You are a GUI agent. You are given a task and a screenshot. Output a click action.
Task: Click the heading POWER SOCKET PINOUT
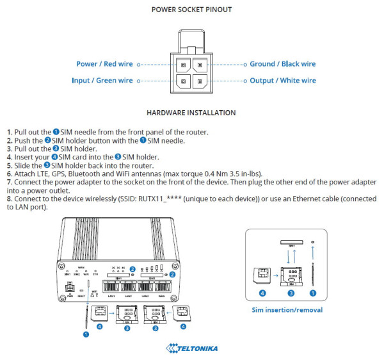coord(191,10)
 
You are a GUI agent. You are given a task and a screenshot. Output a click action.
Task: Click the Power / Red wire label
coord(104,64)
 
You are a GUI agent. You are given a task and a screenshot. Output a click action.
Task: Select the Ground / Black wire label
coord(282,64)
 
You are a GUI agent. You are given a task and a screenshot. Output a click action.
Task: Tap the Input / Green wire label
coord(102,81)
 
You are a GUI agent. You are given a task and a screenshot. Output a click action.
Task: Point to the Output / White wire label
coord(282,81)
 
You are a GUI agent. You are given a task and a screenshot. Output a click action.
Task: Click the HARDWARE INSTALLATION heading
coord(191,113)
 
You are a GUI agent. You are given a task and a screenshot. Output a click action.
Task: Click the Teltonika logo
coord(192,348)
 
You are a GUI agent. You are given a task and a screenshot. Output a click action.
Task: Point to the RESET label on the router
coord(81,297)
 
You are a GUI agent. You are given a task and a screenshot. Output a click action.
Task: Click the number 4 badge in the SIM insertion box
coord(261,294)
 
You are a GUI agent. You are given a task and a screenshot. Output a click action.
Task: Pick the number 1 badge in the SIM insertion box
coord(312,294)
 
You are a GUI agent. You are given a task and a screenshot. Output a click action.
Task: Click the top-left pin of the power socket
coord(183,65)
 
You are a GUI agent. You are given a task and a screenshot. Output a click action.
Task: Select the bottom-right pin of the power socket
coord(200,81)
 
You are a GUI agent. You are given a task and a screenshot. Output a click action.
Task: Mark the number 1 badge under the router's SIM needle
coord(85,333)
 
